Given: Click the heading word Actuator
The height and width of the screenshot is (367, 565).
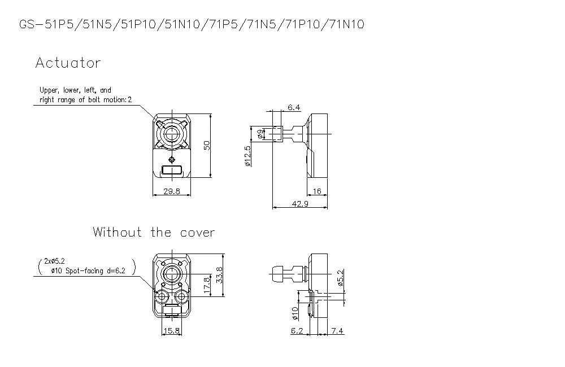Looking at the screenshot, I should pyautogui.click(x=68, y=63).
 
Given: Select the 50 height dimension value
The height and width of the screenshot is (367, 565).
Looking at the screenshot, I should pyautogui.click(x=207, y=145).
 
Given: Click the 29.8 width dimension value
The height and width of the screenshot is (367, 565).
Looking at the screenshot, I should pyautogui.click(x=171, y=191).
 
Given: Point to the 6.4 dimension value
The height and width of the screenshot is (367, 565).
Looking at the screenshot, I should pyautogui.click(x=294, y=107).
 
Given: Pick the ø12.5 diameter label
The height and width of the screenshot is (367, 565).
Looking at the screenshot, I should pyautogui.click(x=247, y=156).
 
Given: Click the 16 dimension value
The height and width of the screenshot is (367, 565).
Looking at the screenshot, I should pyautogui.click(x=317, y=191).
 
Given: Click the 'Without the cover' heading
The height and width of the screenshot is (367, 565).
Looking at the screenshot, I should pyautogui.click(x=154, y=232).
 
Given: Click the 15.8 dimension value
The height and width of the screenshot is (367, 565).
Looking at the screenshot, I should pyautogui.click(x=171, y=331).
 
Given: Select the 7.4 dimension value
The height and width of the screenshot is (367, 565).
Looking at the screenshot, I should pyautogui.click(x=337, y=331).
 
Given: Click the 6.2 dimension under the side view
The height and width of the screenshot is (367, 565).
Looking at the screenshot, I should pyautogui.click(x=297, y=331).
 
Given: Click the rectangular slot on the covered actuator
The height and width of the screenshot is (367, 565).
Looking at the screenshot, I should pyautogui.click(x=171, y=169).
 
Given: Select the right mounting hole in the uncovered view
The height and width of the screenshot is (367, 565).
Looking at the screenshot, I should pyautogui.click(x=182, y=296).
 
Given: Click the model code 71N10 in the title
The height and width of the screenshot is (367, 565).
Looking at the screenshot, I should pyautogui.click(x=345, y=24).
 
